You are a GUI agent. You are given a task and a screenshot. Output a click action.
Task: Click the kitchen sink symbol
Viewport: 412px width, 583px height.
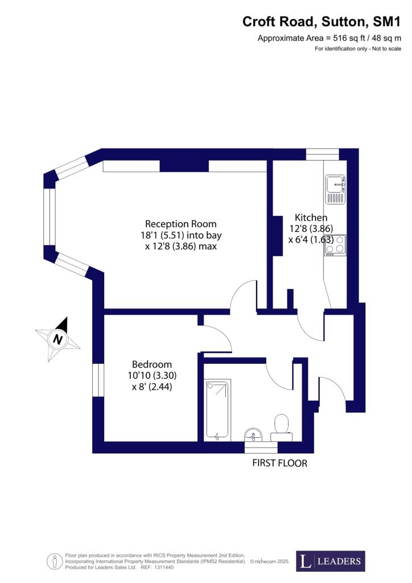[336, 189]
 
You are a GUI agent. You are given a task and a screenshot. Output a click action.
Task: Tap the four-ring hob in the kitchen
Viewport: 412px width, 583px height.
[336, 245]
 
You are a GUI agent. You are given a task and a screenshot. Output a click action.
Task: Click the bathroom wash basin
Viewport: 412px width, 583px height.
[254, 434]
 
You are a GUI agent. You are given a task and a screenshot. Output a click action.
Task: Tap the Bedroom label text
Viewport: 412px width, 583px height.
[152, 364]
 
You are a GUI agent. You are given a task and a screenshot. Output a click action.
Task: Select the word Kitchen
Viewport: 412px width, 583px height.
[311, 217]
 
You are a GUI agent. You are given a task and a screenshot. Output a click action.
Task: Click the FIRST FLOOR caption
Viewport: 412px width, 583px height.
[280, 463]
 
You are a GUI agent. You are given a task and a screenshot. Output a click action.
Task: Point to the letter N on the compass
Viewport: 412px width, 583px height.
[57, 339]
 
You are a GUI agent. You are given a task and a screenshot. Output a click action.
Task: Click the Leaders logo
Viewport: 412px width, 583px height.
[331, 561]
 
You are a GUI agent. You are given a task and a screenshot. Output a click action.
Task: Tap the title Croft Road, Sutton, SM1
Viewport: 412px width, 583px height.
[322, 22]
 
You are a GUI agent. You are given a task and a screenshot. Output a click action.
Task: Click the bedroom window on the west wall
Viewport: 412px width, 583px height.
[98, 380]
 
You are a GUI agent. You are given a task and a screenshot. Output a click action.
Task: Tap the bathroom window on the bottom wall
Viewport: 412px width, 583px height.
[261, 447]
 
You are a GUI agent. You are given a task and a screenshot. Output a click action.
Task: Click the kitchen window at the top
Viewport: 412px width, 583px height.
[323, 154]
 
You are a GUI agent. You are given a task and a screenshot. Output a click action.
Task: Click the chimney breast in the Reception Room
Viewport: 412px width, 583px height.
[184, 166]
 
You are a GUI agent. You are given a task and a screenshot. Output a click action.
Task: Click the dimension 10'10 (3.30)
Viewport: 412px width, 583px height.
[152, 376]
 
